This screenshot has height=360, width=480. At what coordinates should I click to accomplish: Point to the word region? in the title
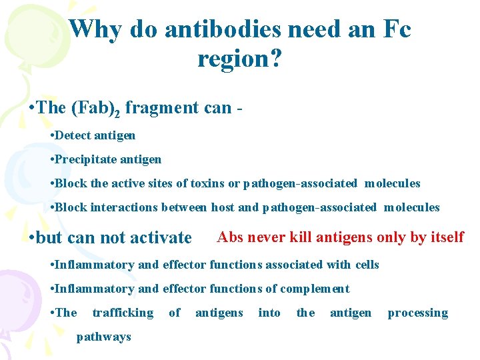coord(239,59)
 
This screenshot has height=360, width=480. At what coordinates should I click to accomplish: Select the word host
coord(223,207)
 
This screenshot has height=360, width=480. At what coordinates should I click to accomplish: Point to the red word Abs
coord(230,237)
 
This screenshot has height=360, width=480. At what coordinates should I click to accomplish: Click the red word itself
coord(446,237)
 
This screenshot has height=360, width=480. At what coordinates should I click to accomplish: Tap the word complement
coord(315,289)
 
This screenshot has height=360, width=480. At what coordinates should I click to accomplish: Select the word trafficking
coord(123,313)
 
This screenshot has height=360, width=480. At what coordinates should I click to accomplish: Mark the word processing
coord(418,313)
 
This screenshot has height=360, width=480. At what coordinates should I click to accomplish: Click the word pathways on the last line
coord(104,337)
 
